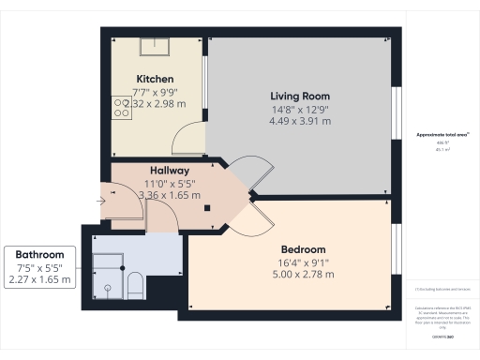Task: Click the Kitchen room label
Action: tap(155, 79)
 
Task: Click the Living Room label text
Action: tap(300, 97)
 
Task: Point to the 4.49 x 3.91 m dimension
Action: tap(300, 121)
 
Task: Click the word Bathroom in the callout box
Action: tap(39, 254)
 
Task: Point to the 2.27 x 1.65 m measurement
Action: tap(39, 279)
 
